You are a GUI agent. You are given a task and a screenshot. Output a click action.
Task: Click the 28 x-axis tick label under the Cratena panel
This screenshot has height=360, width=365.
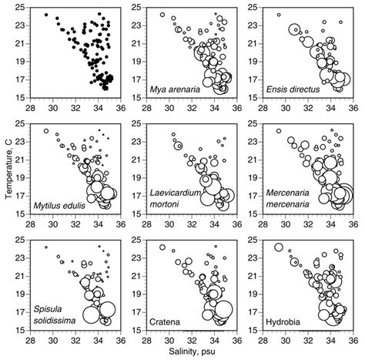(146, 340)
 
